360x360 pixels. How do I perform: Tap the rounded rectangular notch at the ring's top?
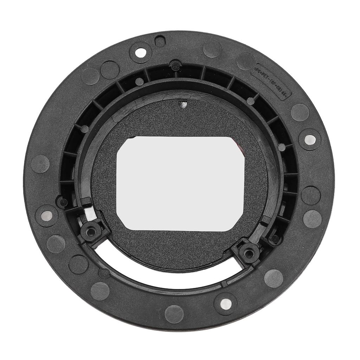[160, 41]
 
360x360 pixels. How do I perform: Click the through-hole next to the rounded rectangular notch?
[141, 53]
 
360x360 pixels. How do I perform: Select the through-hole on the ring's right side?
[309, 139]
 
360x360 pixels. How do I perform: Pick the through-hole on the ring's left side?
[47, 216]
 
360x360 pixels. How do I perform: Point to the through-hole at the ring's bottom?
[225, 303]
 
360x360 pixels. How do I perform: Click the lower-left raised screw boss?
[91, 232]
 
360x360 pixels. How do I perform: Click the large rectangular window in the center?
[180, 183]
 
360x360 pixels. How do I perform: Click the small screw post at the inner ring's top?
[175, 65]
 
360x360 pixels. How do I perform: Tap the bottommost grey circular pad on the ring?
[174, 314]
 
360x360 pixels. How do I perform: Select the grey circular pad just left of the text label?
[245, 61]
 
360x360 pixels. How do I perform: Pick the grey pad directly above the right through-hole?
[300, 112]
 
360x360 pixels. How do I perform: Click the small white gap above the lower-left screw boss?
[90, 213]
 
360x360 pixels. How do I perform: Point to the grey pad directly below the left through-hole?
[56, 244]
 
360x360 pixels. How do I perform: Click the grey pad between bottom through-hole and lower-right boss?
[273, 278]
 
